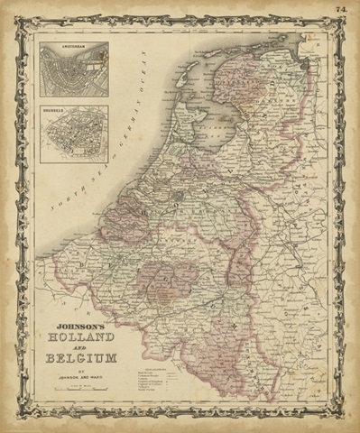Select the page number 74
345,10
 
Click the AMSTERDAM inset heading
74,46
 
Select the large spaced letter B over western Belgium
118,216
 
